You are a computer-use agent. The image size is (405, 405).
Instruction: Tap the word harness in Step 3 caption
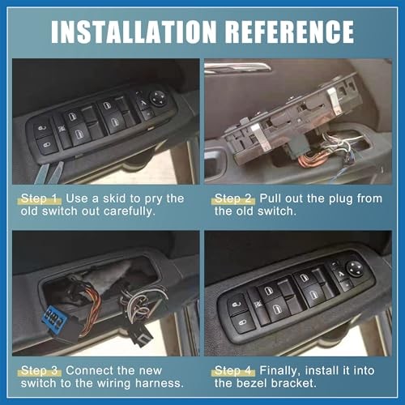tap(160, 383)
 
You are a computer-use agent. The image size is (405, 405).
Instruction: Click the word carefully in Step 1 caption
tap(130, 211)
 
